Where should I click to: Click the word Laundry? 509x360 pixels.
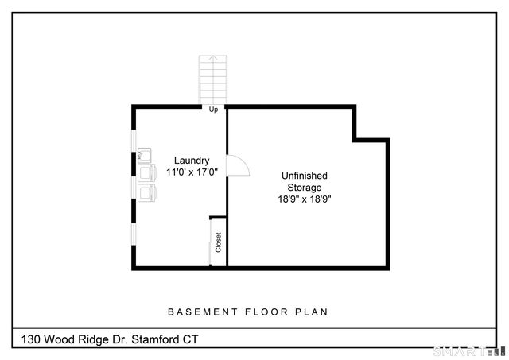[192, 160]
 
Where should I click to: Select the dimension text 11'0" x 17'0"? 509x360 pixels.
[192, 172]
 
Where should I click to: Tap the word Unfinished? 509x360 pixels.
[305, 176]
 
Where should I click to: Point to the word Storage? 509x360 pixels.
[305, 188]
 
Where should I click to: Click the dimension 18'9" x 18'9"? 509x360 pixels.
[305, 199]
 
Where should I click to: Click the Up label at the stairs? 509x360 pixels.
[213, 110]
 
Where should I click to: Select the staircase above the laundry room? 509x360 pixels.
[213, 79]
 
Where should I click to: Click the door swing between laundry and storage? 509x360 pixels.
[238, 165]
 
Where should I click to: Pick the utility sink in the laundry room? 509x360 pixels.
[145, 154]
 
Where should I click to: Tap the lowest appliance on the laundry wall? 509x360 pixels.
[146, 192]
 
